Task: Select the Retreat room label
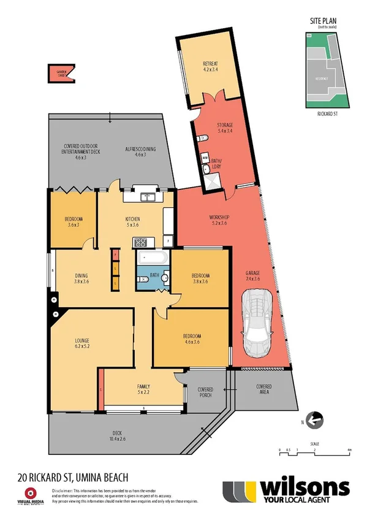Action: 211,67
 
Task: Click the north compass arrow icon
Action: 314,421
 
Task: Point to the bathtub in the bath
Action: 151,258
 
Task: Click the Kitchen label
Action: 133,221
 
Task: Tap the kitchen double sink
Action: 147,197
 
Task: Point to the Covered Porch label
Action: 205,392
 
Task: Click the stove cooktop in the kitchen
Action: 139,242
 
